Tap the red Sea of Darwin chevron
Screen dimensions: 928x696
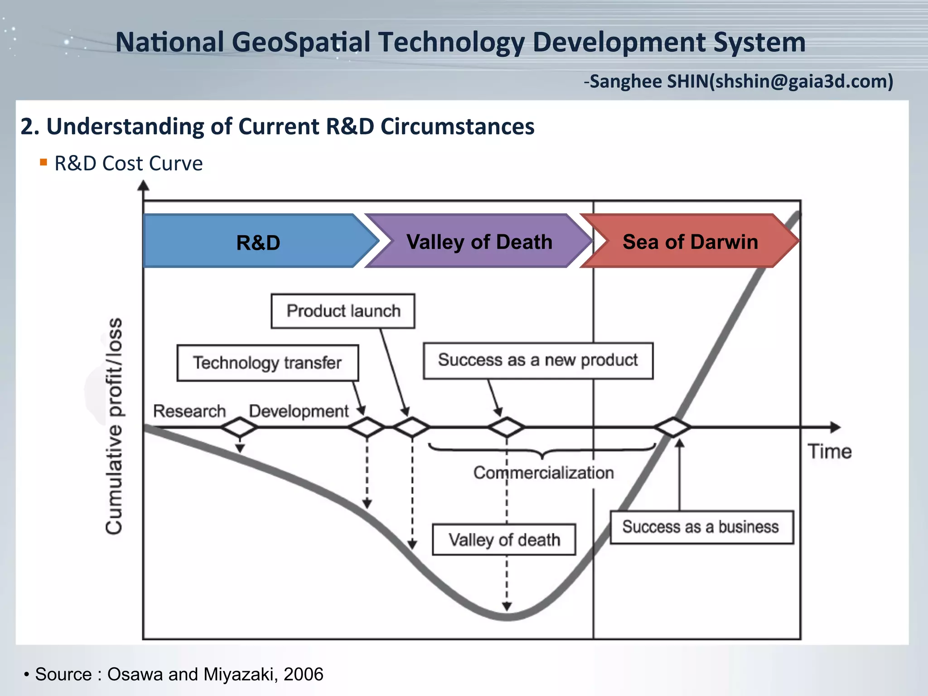690,242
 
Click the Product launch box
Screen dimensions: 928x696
343,311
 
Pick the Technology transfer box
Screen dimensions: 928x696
267,363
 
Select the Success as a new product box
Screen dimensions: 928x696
538,360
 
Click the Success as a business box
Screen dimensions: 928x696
701,527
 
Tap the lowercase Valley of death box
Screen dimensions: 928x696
504,540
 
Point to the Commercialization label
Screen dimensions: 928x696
543,473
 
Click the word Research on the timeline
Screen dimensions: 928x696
189,411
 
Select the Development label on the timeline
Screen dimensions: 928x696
299,411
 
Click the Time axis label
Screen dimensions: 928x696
829,452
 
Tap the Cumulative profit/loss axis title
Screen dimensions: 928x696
114,426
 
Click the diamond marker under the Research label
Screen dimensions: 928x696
239,427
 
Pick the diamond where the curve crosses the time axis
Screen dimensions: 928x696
673,427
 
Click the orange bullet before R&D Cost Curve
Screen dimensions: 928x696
43,162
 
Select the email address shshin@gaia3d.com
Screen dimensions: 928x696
801,82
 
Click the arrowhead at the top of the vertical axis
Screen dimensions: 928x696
143,185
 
